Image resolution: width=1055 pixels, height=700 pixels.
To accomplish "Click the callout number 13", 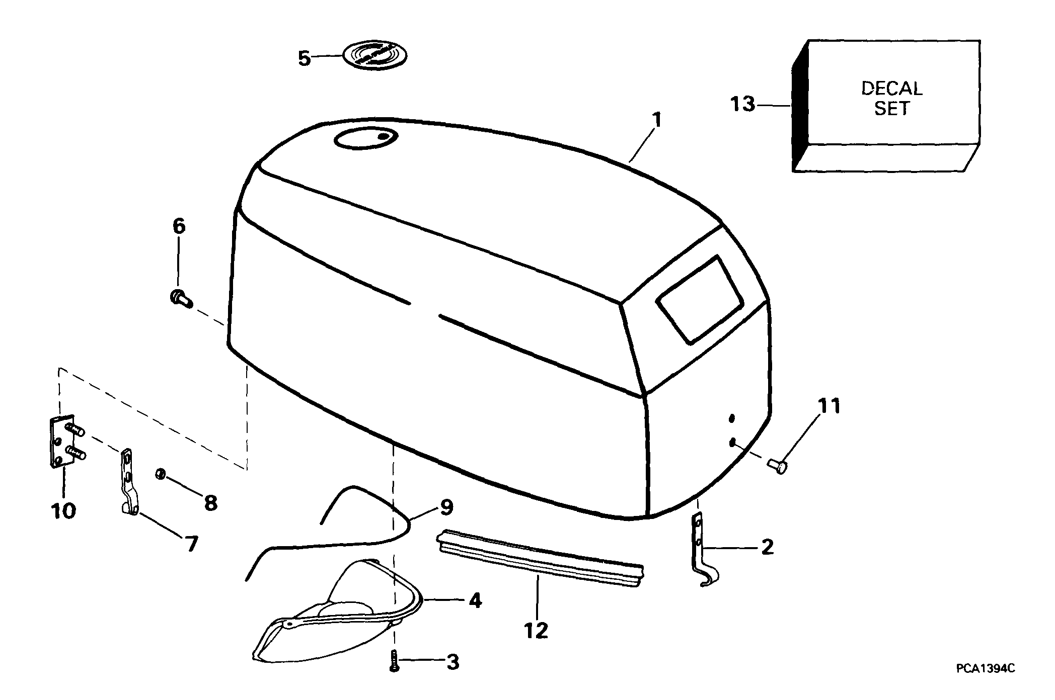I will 742,105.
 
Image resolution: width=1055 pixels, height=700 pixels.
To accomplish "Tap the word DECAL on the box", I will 891,89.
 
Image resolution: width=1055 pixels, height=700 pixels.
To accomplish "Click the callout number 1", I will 657,120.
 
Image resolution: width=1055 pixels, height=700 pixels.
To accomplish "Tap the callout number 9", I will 446,507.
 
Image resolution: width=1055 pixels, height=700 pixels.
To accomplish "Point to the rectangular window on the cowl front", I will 700,300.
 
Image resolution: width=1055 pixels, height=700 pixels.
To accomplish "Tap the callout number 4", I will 475,600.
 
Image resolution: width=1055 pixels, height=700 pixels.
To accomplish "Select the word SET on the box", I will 892,109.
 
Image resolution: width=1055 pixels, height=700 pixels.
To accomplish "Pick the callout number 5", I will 305,58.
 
